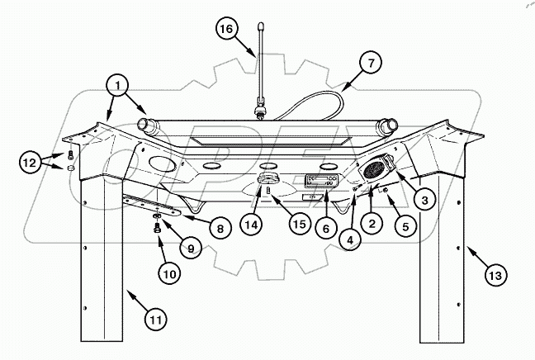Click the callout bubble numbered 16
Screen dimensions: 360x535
coord(226,29)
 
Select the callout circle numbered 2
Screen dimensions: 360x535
coord(374,221)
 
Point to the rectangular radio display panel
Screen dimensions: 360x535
coord(320,181)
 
